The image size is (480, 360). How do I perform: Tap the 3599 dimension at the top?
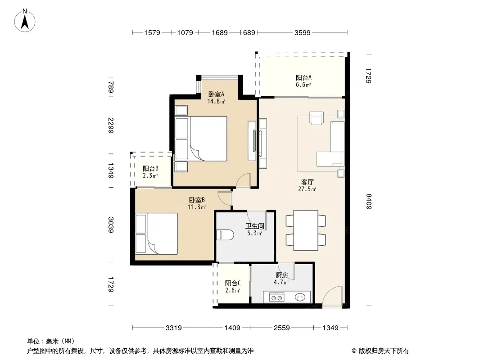pos(302,32)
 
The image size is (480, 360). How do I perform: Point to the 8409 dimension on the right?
pos(369,201)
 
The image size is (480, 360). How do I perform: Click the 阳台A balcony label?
pos(303,78)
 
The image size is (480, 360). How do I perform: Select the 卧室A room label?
pos(216,94)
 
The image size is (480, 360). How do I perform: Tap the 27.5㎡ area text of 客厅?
pos(307,189)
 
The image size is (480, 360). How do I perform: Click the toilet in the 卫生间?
pos(225,235)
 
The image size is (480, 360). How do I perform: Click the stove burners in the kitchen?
pos(276,297)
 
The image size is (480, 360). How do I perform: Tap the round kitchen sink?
pos(300,297)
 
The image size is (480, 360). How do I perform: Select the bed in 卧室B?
pos(156,234)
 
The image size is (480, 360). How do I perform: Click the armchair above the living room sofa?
pos(316,118)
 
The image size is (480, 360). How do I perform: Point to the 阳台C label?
pos(233,283)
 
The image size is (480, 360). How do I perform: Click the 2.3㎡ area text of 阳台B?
pos(150,175)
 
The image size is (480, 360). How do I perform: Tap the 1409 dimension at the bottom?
pos(232,328)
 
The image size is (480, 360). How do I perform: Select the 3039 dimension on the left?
pos(111,225)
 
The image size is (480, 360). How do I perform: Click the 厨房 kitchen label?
pos(281,275)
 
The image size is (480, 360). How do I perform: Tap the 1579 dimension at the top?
pos(152,32)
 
